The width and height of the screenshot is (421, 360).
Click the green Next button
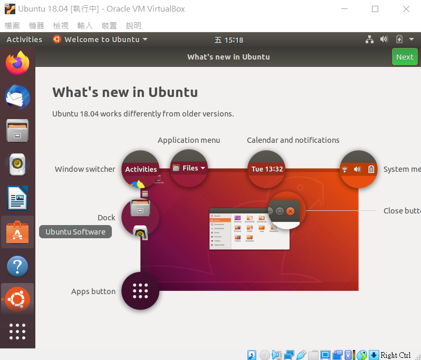pyautogui.click(x=405, y=57)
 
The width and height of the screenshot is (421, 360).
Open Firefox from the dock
pyautogui.click(x=17, y=63)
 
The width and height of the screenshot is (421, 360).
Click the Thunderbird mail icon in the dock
pyautogui.click(x=17, y=97)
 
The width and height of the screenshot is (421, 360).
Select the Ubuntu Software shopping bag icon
pyautogui.click(x=17, y=232)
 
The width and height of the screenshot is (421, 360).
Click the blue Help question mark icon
pyautogui.click(x=17, y=266)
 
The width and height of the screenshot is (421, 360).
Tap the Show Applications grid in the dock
pyautogui.click(x=17, y=331)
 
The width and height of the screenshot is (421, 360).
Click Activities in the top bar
pyautogui.click(x=24, y=40)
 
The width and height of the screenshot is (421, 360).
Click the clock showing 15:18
pyautogui.click(x=229, y=40)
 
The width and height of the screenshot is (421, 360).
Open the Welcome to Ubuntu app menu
pyautogui.click(x=100, y=40)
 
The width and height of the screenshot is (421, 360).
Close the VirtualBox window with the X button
pyautogui.click(x=406, y=9)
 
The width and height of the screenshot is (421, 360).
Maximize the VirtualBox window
pyautogui.click(x=375, y=9)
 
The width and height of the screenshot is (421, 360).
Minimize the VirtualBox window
pyautogui.click(x=345, y=9)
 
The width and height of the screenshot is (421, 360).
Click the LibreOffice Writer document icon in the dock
pyautogui.click(x=17, y=199)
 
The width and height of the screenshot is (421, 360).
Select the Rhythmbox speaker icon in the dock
pyautogui.click(x=17, y=165)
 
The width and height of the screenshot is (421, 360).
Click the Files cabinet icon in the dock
pyautogui.click(x=17, y=131)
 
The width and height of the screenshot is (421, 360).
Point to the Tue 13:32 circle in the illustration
pyautogui.click(x=266, y=169)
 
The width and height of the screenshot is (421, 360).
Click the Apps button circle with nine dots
pyautogui.click(x=140, y=290)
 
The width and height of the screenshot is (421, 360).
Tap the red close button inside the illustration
pyautogui.click(x=290, y=211)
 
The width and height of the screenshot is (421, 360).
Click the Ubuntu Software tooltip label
pyautogui.click(x=75, y=232)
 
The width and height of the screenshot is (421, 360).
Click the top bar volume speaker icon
pyautogui.click(x=384, y=40)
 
